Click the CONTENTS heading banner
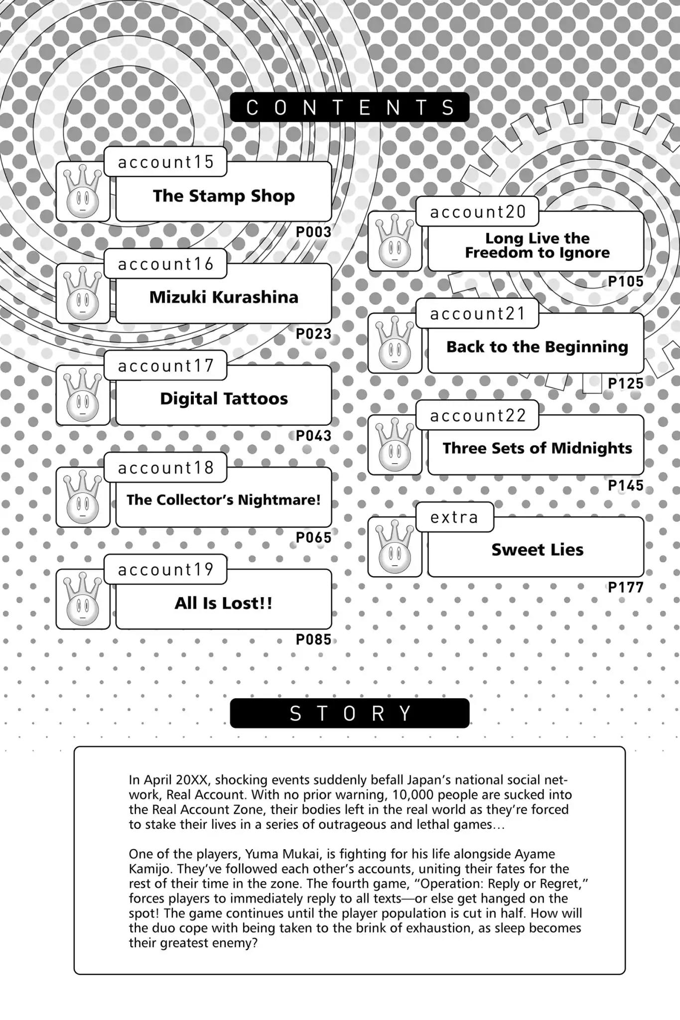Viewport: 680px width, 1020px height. pyautogui.click(x=349, y=107)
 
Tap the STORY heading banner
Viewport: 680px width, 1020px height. pyautogui.click(x=349, y=713)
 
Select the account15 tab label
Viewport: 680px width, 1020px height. pyautogui.click(x=165, y=162)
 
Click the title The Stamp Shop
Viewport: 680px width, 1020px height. pyautogui.click(x=224, y=196)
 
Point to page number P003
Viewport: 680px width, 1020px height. pyautogui.click(x=313, y=232)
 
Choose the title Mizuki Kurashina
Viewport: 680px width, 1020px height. pyautogui.click(x=224, y=297)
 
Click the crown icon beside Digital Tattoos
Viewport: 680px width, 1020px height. pyautogui.click(x=83, y=395)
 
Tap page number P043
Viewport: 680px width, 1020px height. pyautogui.click(x=313, y=436)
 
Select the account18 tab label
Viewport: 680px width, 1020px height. pyautogui.click(x=165, y=468)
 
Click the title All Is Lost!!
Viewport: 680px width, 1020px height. pyautogui.click(x=224, y=603)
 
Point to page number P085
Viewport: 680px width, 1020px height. pyautogui.click(x=313, y=639)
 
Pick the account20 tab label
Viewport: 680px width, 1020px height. pyautogui.click(x=478, y=212)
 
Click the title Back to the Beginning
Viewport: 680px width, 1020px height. pyautogui.click(x=537, y=347)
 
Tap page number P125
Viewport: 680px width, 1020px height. pyautogui.click(x=626, y=383)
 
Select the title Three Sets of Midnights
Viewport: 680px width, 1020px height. pyautogui.click(x=537, y=448)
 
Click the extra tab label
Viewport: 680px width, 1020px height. pyautogui.click(x=454, y=517)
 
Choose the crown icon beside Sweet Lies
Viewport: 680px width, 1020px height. pyautogui.click(x=395, y=547)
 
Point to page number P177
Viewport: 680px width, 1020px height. pyautogui.click(x=626, y=588)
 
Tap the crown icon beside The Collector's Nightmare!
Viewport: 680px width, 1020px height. pyautogui.click(x=83, y=497)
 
